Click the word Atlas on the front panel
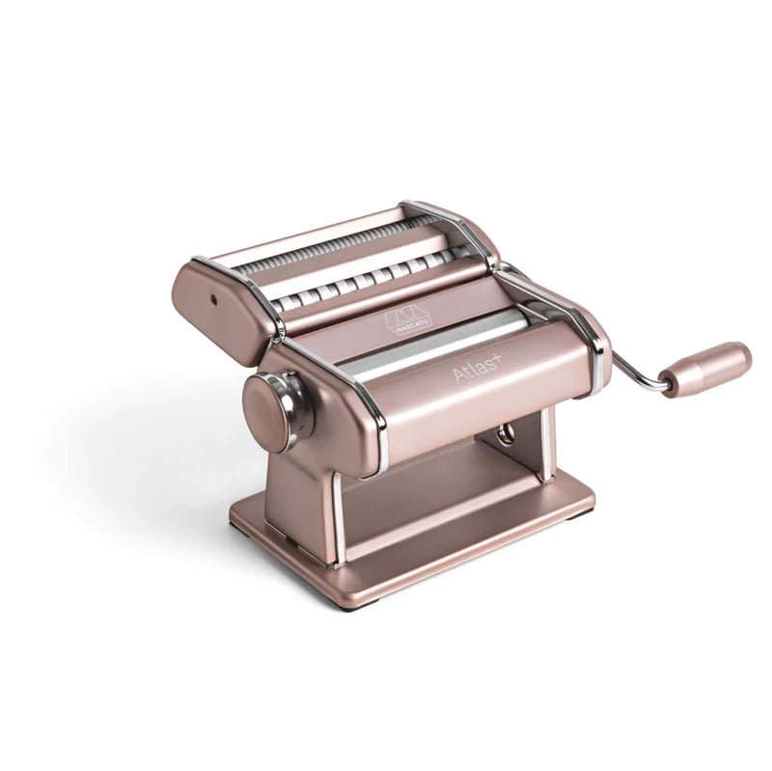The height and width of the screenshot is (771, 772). (479, 368)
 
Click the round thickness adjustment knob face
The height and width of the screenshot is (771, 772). (265, 410)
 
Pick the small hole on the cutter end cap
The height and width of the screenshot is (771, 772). (211, 300)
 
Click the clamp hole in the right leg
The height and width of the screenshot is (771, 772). (506, 434)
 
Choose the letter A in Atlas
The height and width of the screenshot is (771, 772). (460, 374)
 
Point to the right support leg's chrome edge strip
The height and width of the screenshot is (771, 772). (547, 444)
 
